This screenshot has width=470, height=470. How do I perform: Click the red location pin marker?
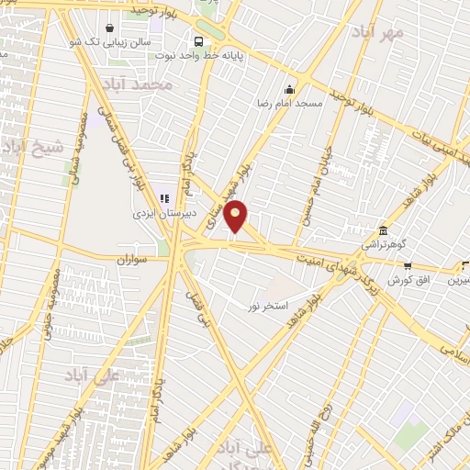tap(237, 217)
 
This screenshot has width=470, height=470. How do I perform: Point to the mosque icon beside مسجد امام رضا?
tap(290, 89)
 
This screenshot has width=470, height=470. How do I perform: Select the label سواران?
tap(131, 262)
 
